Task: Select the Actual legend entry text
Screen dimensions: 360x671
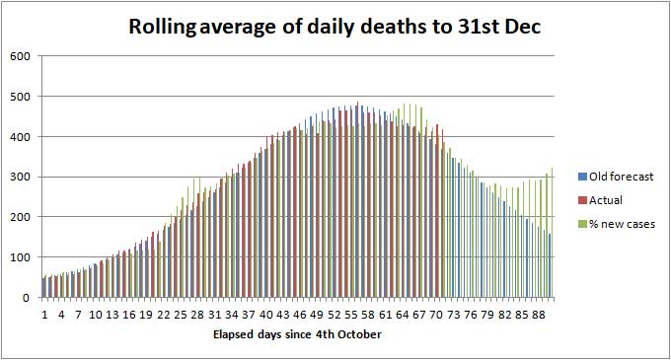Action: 606,200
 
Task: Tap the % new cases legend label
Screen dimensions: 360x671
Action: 622,224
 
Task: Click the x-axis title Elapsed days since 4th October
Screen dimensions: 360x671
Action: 297,334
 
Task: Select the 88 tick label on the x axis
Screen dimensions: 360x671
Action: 539,315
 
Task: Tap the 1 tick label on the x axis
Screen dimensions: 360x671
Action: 44,315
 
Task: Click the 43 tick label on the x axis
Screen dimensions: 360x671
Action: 281,315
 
